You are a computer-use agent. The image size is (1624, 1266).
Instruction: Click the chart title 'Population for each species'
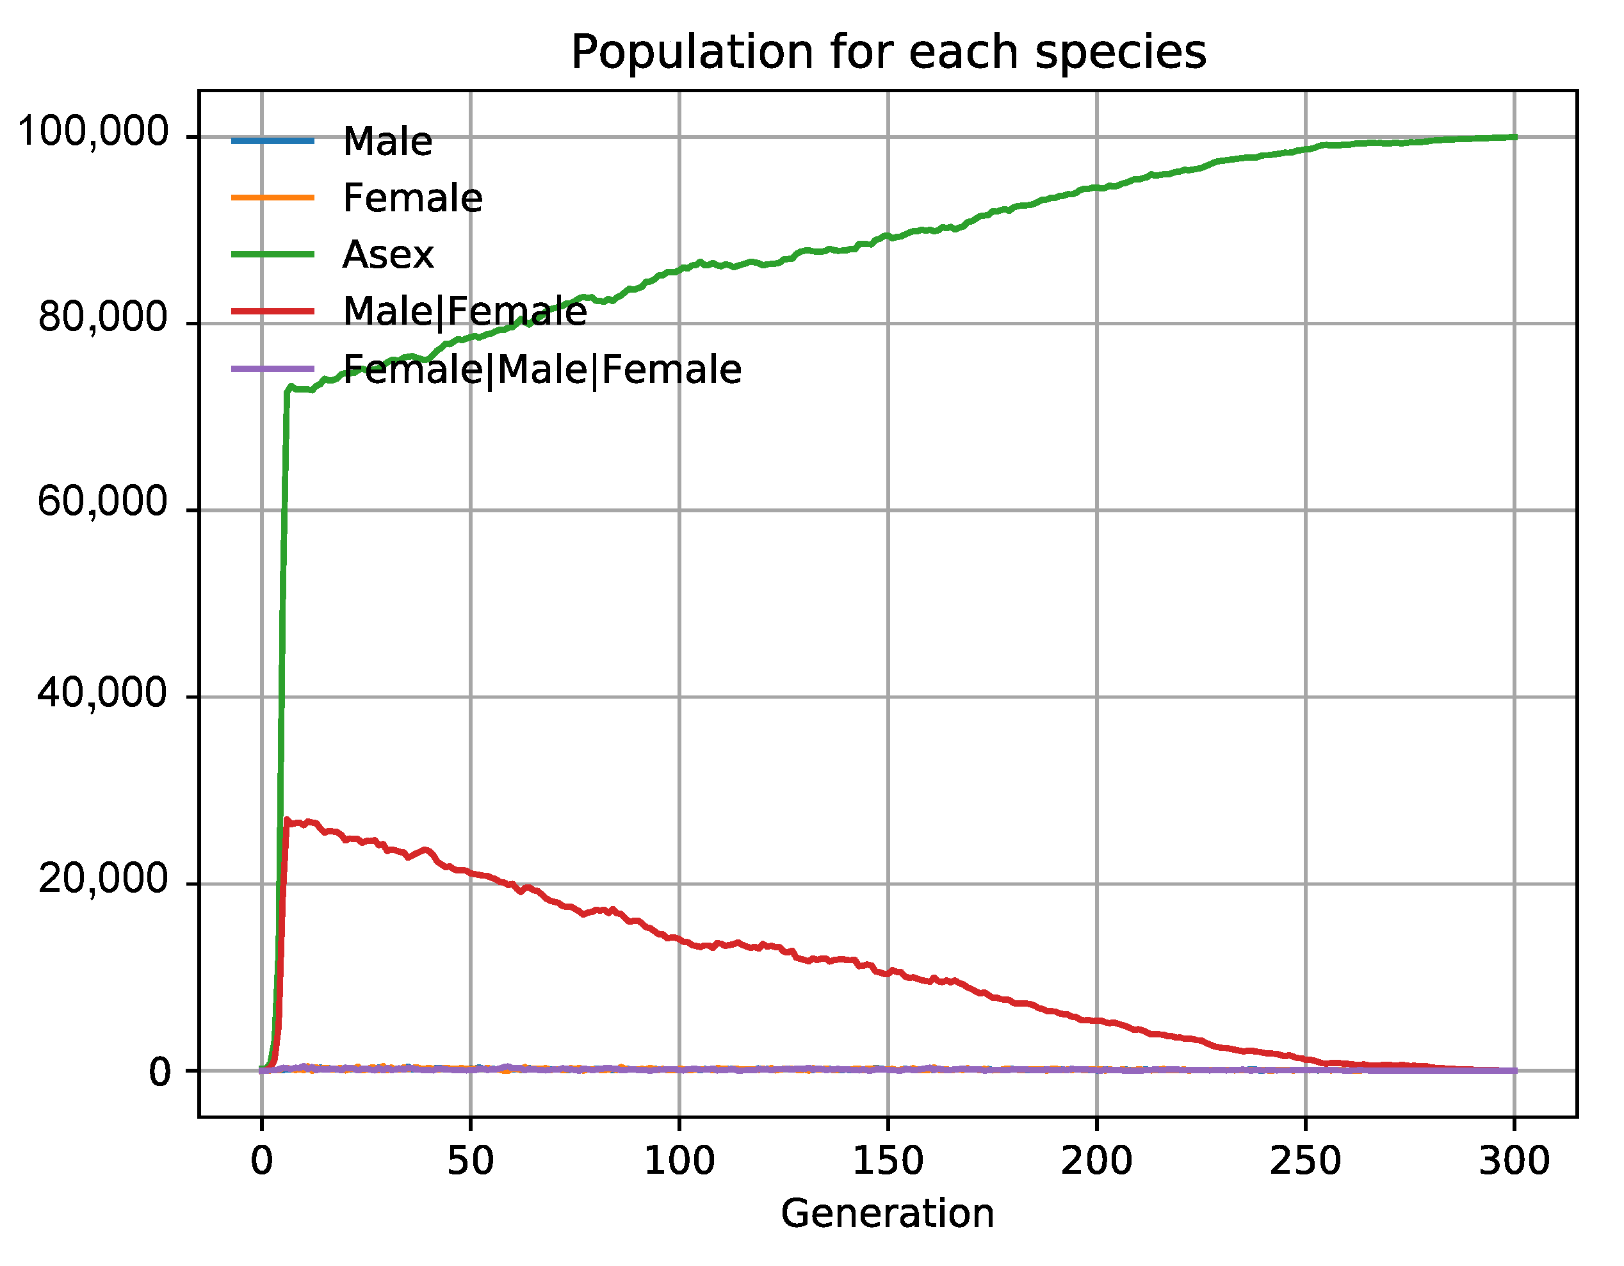pos(888,52)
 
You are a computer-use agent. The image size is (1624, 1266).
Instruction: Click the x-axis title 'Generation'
pos(887,1213)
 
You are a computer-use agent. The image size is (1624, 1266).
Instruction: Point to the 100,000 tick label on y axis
pos(93,133)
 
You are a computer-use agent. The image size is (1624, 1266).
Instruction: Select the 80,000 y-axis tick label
pos(102,318)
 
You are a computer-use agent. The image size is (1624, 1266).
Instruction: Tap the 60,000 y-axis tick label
pos(102,503)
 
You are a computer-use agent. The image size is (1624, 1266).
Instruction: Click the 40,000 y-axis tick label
pos(102,694)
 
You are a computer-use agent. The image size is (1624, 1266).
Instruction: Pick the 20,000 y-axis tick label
pos(102,880)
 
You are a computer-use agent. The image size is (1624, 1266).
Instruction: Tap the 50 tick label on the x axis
pos(470,1160)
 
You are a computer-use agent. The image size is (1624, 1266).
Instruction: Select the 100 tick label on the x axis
pos(679,1160)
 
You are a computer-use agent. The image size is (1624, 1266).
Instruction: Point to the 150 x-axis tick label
pos(888,1160)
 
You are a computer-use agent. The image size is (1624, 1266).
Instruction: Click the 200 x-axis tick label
pos(1097,1160)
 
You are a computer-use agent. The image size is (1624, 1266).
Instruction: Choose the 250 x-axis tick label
pos(1305,1160)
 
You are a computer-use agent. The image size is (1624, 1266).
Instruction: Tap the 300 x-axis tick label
pos(1514,1160)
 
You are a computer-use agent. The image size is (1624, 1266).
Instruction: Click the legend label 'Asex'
pos(387,255)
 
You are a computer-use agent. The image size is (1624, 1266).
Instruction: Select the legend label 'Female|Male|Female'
pos(542,369)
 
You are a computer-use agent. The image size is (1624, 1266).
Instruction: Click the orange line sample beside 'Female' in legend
pos(273,198)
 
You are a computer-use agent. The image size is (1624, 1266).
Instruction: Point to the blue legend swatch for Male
pos(273,140)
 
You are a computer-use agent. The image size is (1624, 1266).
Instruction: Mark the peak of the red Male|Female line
pos(287,820)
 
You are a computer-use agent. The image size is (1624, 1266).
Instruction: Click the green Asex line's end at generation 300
pos(1514,137)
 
